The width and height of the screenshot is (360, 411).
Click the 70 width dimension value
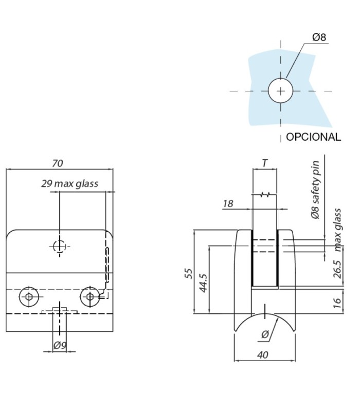(58, 163)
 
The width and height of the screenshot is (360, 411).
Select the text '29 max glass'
(69, 183)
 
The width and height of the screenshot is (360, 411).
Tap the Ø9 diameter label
(60, 345)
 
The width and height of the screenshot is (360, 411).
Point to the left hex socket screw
(29, 297)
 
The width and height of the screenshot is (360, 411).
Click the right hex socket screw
(89, 297)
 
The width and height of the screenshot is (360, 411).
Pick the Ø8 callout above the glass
(319, 37)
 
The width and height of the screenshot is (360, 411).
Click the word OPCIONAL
(313, 137)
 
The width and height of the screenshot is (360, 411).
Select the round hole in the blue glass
(280, 91)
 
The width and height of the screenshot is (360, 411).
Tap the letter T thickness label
(265, 163)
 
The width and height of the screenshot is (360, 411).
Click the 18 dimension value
(228, 203)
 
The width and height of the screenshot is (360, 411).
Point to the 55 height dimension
(189, 273)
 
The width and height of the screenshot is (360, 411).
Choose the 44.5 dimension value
(203, 283)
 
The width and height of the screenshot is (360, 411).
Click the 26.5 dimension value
(337, 269)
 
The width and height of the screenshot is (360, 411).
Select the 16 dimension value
(337, 303)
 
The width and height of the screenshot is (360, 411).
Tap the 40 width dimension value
(263, 355)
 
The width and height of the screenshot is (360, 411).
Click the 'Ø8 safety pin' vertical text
(315, 190)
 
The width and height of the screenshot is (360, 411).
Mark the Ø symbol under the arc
(265, 334)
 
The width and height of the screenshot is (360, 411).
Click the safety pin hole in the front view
(59, 247)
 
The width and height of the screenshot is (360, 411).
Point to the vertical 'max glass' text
(338, 230)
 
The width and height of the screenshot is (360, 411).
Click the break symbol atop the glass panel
(265, 195)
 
